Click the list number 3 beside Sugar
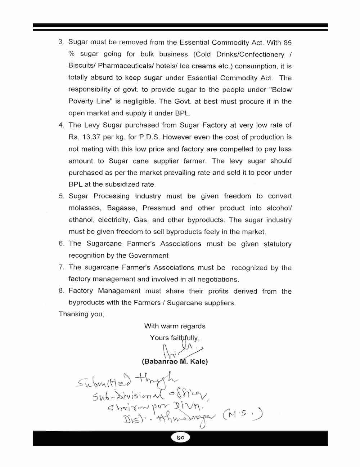point(61,42)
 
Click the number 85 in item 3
point(287,43)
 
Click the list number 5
point(61,196)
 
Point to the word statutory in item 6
point(277,244)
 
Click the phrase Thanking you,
point(81,314)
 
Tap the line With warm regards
point(175,326)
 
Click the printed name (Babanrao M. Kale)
point(175,361)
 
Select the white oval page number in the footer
point(180,438)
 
